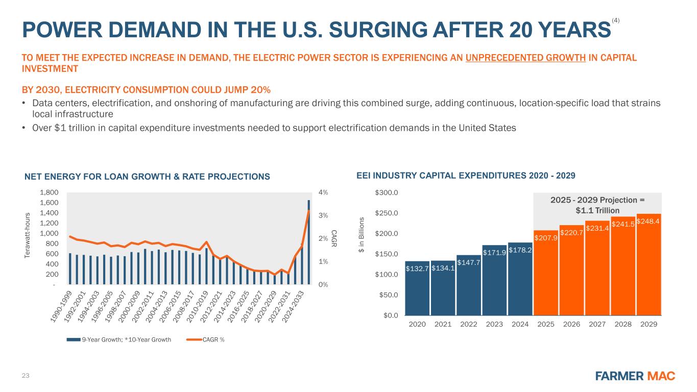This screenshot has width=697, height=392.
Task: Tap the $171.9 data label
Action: coord(494,251)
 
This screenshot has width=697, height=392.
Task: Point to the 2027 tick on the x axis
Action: coord(597,324)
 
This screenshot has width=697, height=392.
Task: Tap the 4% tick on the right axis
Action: coord(323,193)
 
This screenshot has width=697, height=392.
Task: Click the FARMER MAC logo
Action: coord(635,376)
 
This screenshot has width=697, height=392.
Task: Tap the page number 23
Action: coord(26,376)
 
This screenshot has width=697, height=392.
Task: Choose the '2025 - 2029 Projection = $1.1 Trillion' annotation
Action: coord(597,205)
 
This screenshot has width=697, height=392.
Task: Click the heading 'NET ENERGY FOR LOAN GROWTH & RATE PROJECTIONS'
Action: coord(147,177)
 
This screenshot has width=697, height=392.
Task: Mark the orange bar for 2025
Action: coord(546,276)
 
